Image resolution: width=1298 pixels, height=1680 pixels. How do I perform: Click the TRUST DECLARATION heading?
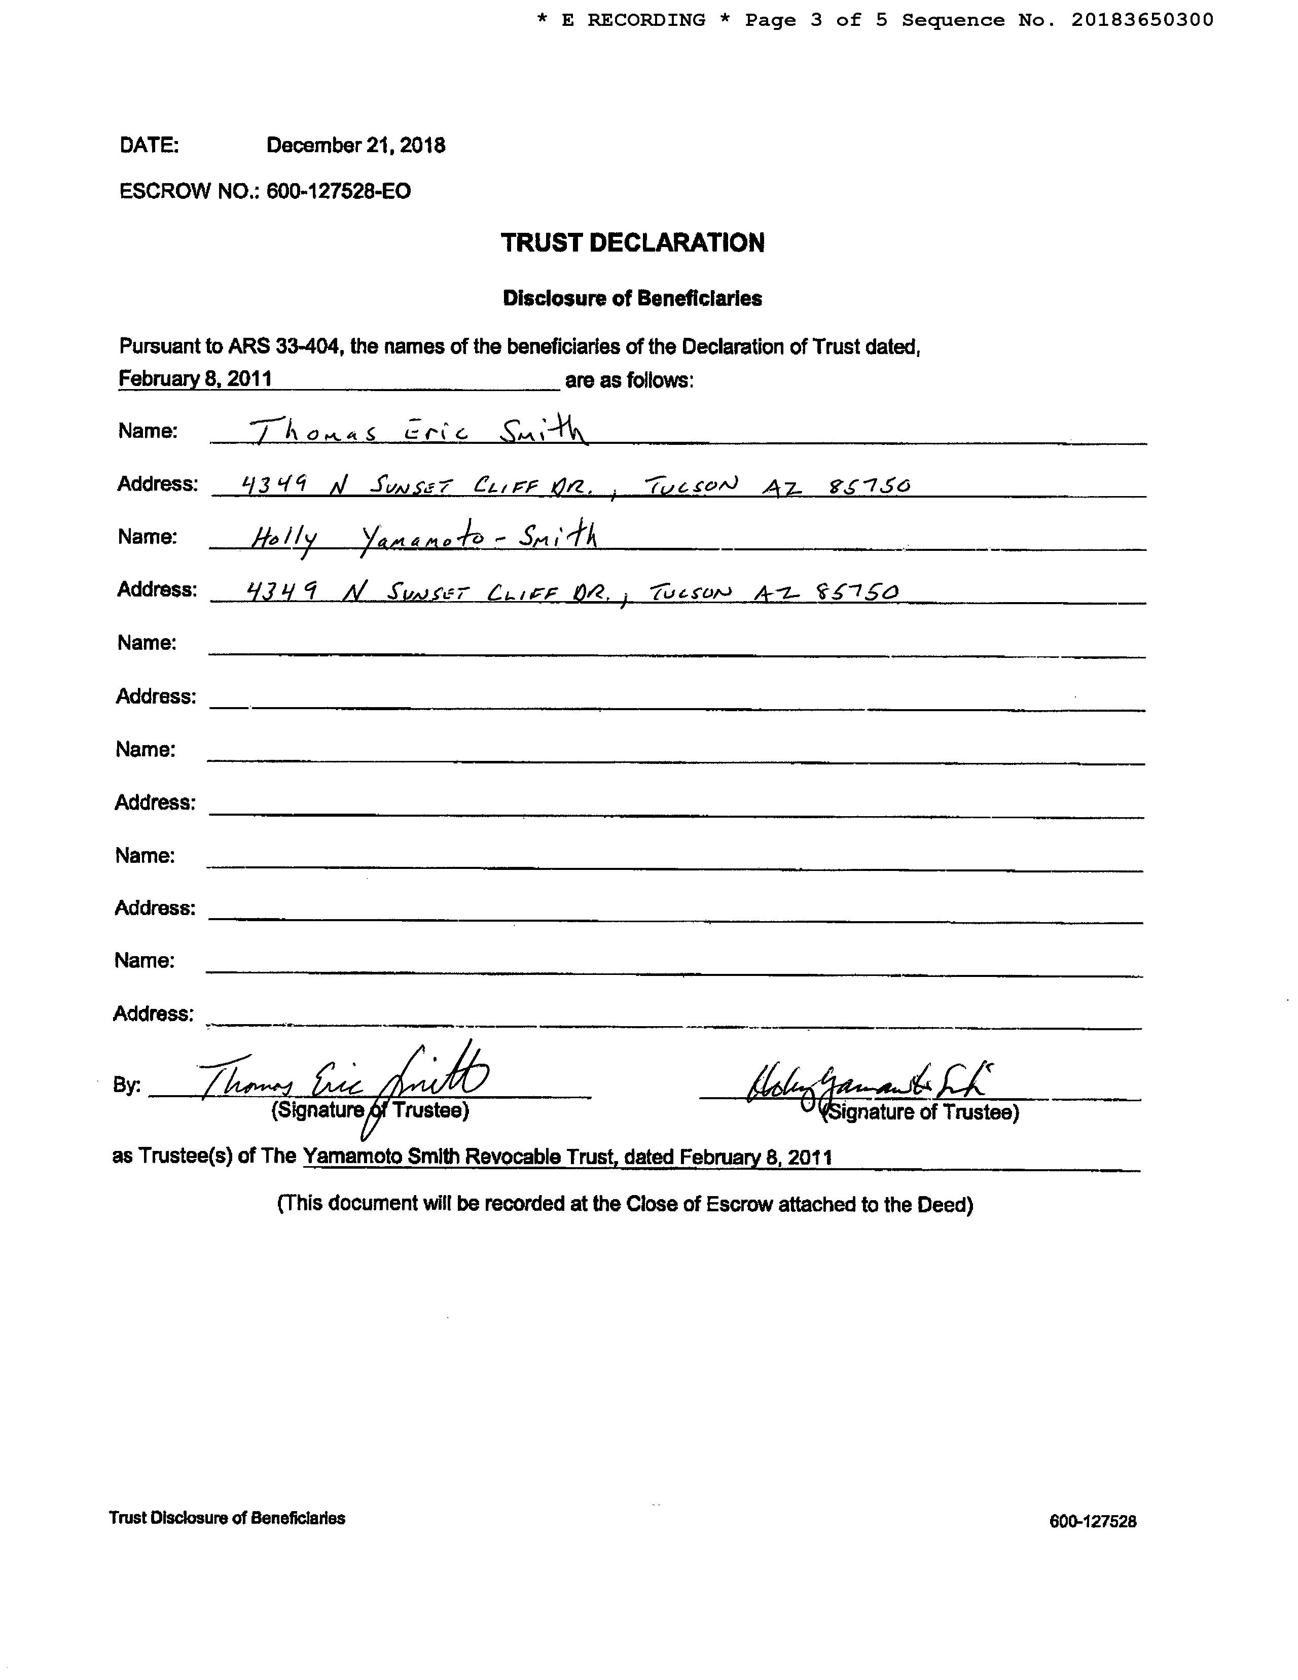point(632,242)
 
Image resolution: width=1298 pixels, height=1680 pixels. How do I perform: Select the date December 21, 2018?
point(355,146)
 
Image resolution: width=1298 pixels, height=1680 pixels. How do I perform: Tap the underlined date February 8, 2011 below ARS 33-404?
point(195,378)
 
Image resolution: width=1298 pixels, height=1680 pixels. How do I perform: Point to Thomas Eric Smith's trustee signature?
point(346,1081)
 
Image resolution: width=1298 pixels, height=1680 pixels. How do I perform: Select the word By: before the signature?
point(127,1086)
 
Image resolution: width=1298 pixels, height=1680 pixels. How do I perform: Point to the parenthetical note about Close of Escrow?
point(624,1204)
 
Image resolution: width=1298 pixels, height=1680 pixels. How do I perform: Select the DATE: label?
point(149,146)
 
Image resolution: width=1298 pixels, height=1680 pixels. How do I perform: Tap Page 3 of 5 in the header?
point(816,20)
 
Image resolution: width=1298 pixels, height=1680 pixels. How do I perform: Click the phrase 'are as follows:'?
point(629,380)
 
